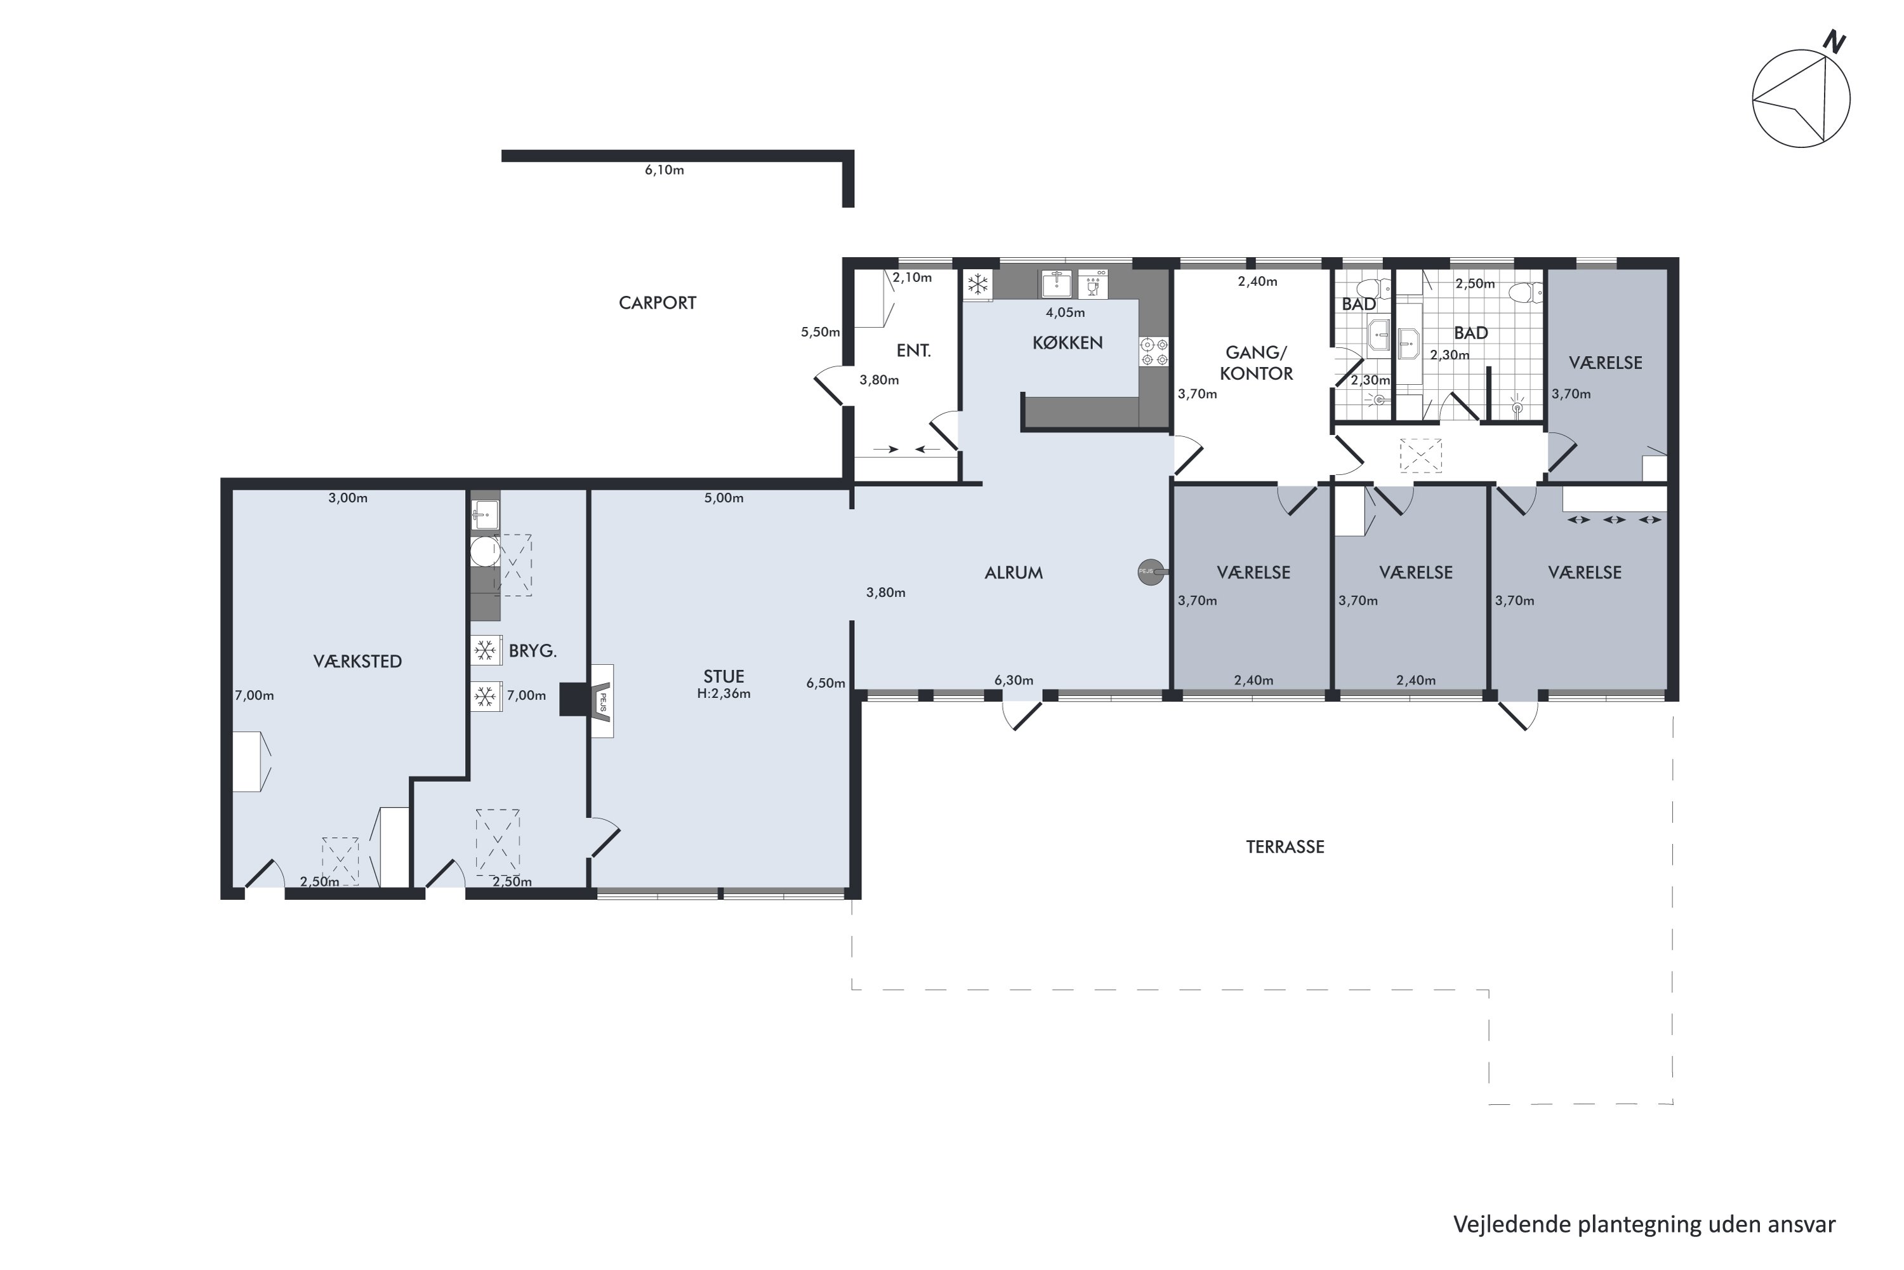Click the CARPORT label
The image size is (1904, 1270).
tap(658, 303)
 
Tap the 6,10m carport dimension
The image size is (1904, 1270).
tap(664, 170)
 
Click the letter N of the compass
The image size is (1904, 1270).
tap(1834, 42)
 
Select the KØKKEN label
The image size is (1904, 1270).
tap(1067, 343)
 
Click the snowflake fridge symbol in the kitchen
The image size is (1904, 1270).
tap(978, 284)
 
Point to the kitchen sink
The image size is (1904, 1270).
tap(1055, 284)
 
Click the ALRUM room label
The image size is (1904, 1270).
tap(1014, 573)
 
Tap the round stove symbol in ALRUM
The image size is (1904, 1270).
tap(1150, 572)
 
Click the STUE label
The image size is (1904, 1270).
tap(724, 676)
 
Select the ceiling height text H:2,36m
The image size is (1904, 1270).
tap(724, 694)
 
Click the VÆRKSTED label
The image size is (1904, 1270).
tap(357, 662)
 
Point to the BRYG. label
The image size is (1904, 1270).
tap(532, 650)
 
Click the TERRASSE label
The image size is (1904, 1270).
tap(1285, 847)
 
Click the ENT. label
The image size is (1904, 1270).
tap(913, 351)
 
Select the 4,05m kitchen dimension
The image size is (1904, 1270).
tap(1066, 312)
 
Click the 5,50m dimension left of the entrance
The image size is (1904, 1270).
tap(820, 332)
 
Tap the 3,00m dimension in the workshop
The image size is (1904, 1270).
tap(347, 498)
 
